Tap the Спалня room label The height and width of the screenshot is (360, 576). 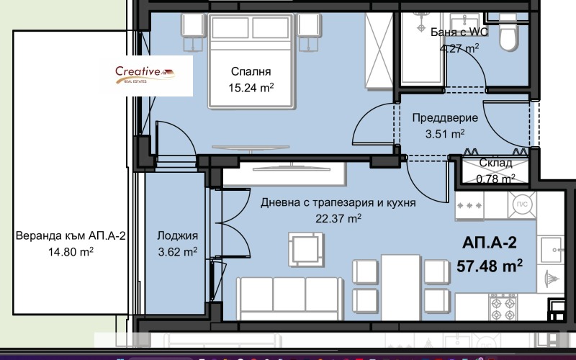251,71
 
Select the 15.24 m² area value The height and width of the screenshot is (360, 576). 251,88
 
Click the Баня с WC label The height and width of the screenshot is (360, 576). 449,32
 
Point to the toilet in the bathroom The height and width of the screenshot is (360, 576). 508,33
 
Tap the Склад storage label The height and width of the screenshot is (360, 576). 496,163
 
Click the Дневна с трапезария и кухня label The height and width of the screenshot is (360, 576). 338,203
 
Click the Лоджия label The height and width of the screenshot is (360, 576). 177,235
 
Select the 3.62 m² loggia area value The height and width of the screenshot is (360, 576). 177,251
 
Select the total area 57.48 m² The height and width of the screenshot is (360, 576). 490,266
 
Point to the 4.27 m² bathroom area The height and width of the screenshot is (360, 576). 459,48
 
